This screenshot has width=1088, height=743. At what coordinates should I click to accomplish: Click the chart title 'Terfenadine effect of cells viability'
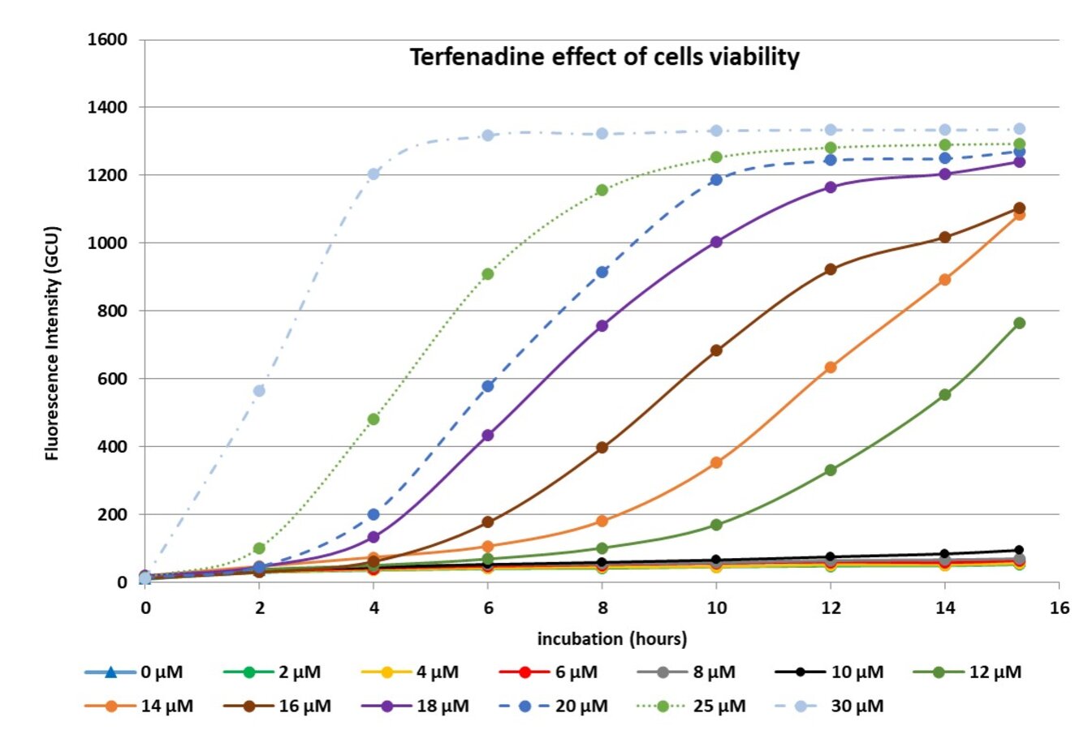[x=604, y=58]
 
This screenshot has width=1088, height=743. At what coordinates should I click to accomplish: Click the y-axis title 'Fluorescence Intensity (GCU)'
[x=53, y=344]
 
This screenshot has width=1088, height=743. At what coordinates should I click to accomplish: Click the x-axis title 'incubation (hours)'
[x=611, y=639]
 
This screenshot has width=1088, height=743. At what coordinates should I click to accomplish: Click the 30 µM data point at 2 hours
[x=259, y=391]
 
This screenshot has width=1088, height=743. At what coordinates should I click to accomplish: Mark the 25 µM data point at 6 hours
[x=488, y=274]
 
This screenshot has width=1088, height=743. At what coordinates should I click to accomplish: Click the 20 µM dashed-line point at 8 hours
[x=602, y=272]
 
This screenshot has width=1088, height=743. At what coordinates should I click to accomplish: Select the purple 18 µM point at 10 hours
[x=716, y=242]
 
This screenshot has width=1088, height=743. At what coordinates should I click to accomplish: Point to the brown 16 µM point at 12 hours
[x=831, y=269]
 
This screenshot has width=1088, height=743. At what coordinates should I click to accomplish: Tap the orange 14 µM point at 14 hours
[x=945, y=280]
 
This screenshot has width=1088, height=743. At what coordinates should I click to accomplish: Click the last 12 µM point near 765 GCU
[x=1019, y=323]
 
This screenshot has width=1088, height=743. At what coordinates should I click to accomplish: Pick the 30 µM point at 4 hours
[x=373, y=174]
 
